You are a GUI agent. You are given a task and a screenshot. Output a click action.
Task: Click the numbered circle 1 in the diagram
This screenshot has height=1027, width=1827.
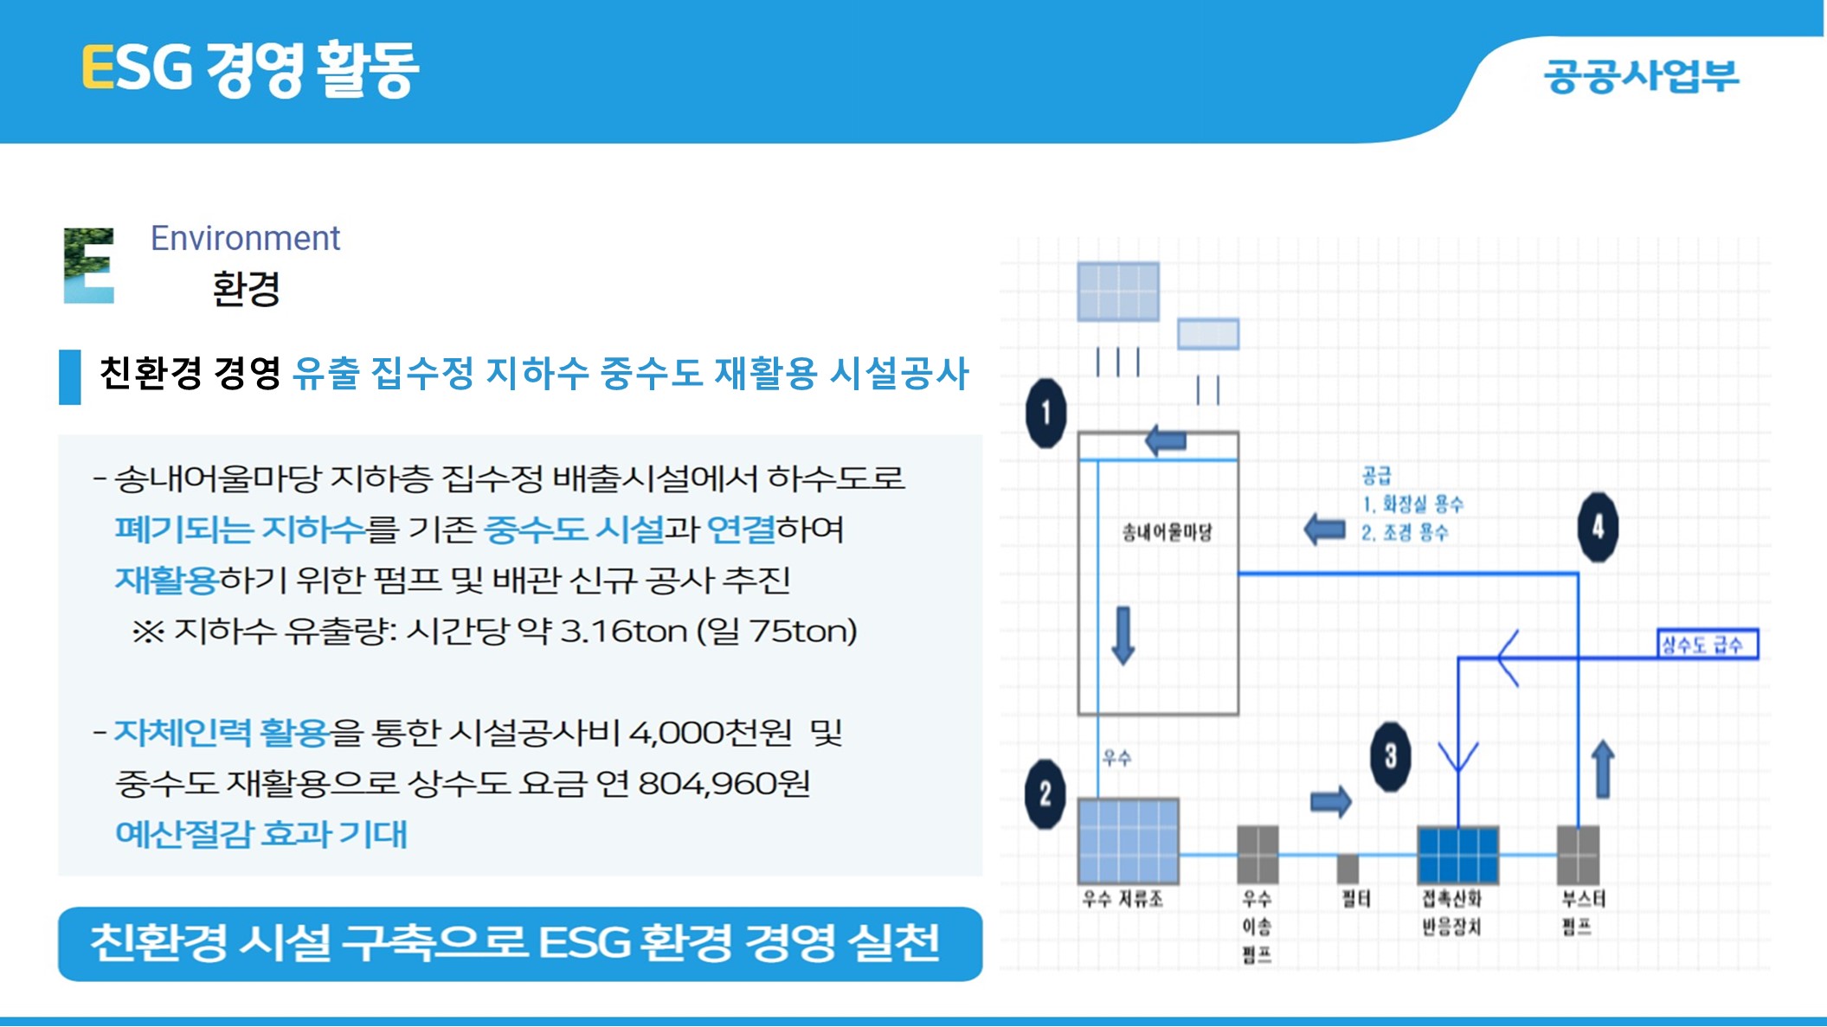pyautogui.click(x=1045, y=413)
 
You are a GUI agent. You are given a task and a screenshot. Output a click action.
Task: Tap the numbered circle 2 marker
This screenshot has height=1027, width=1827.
pyautogui.click(x=1045, y=793)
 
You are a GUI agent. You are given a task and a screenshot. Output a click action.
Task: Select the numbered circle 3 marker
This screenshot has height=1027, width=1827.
pyautogui.click(x=1390, y=757)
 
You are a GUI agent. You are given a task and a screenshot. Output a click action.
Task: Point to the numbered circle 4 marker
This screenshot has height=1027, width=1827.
pyautogui.click(x=1598, y=527)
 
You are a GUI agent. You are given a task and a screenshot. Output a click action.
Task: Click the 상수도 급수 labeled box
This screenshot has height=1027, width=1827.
pyautogui.click(x=1708, y=645)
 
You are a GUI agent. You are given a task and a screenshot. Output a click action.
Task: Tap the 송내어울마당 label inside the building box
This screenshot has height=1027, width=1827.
pyautogui.click(x=1167, y=532)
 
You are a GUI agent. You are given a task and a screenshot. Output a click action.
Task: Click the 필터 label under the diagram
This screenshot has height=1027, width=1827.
pyautogui.click(x=1356, y=899)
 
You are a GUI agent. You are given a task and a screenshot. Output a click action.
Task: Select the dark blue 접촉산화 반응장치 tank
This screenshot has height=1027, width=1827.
pyautogui.click(x=1458, y=855)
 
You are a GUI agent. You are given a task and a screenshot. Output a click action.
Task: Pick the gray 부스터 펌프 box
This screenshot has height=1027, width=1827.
pyautogui.click(x=1578, y=855)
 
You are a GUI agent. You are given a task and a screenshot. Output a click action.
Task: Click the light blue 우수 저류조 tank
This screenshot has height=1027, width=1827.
pyautogui.click(x=1129, y=840)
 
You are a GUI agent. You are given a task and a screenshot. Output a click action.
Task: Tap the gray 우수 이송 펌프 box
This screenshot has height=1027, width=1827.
pyautogui.click(x=1258, y=854)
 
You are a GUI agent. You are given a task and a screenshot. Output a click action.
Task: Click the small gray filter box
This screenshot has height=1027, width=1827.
pyautogui.click(x=1348, y=869)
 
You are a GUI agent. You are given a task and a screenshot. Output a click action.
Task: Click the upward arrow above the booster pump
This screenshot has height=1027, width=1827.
pyautogui.click(x=1603, y=768)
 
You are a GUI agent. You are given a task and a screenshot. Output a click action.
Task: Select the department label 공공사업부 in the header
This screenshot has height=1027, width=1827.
pyautogui.click(x=1642, y=75)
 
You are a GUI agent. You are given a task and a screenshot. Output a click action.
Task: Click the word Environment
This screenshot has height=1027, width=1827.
pyautogui.click(x=246, y=238)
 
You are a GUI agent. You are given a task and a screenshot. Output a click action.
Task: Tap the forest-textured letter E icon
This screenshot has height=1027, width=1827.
pyautogui.click(x=89, y=266)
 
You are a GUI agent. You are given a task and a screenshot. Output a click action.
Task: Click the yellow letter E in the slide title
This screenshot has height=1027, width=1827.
pyautogui.click(x=98, y=67)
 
